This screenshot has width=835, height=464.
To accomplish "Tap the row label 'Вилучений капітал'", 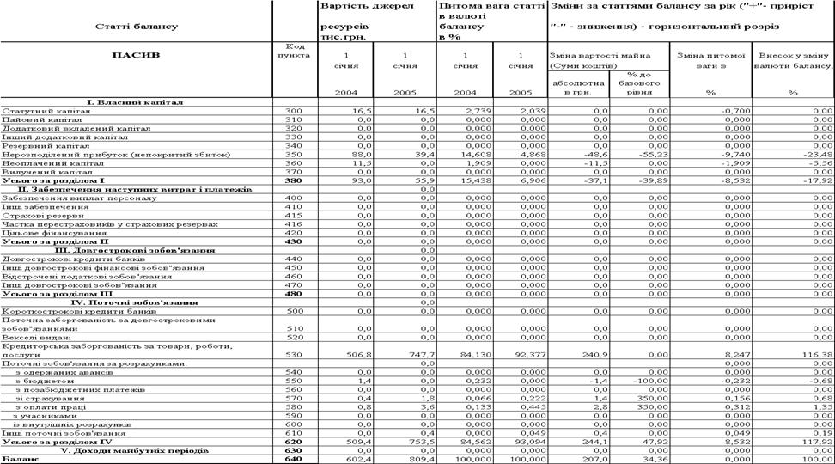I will pos(40,171).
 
